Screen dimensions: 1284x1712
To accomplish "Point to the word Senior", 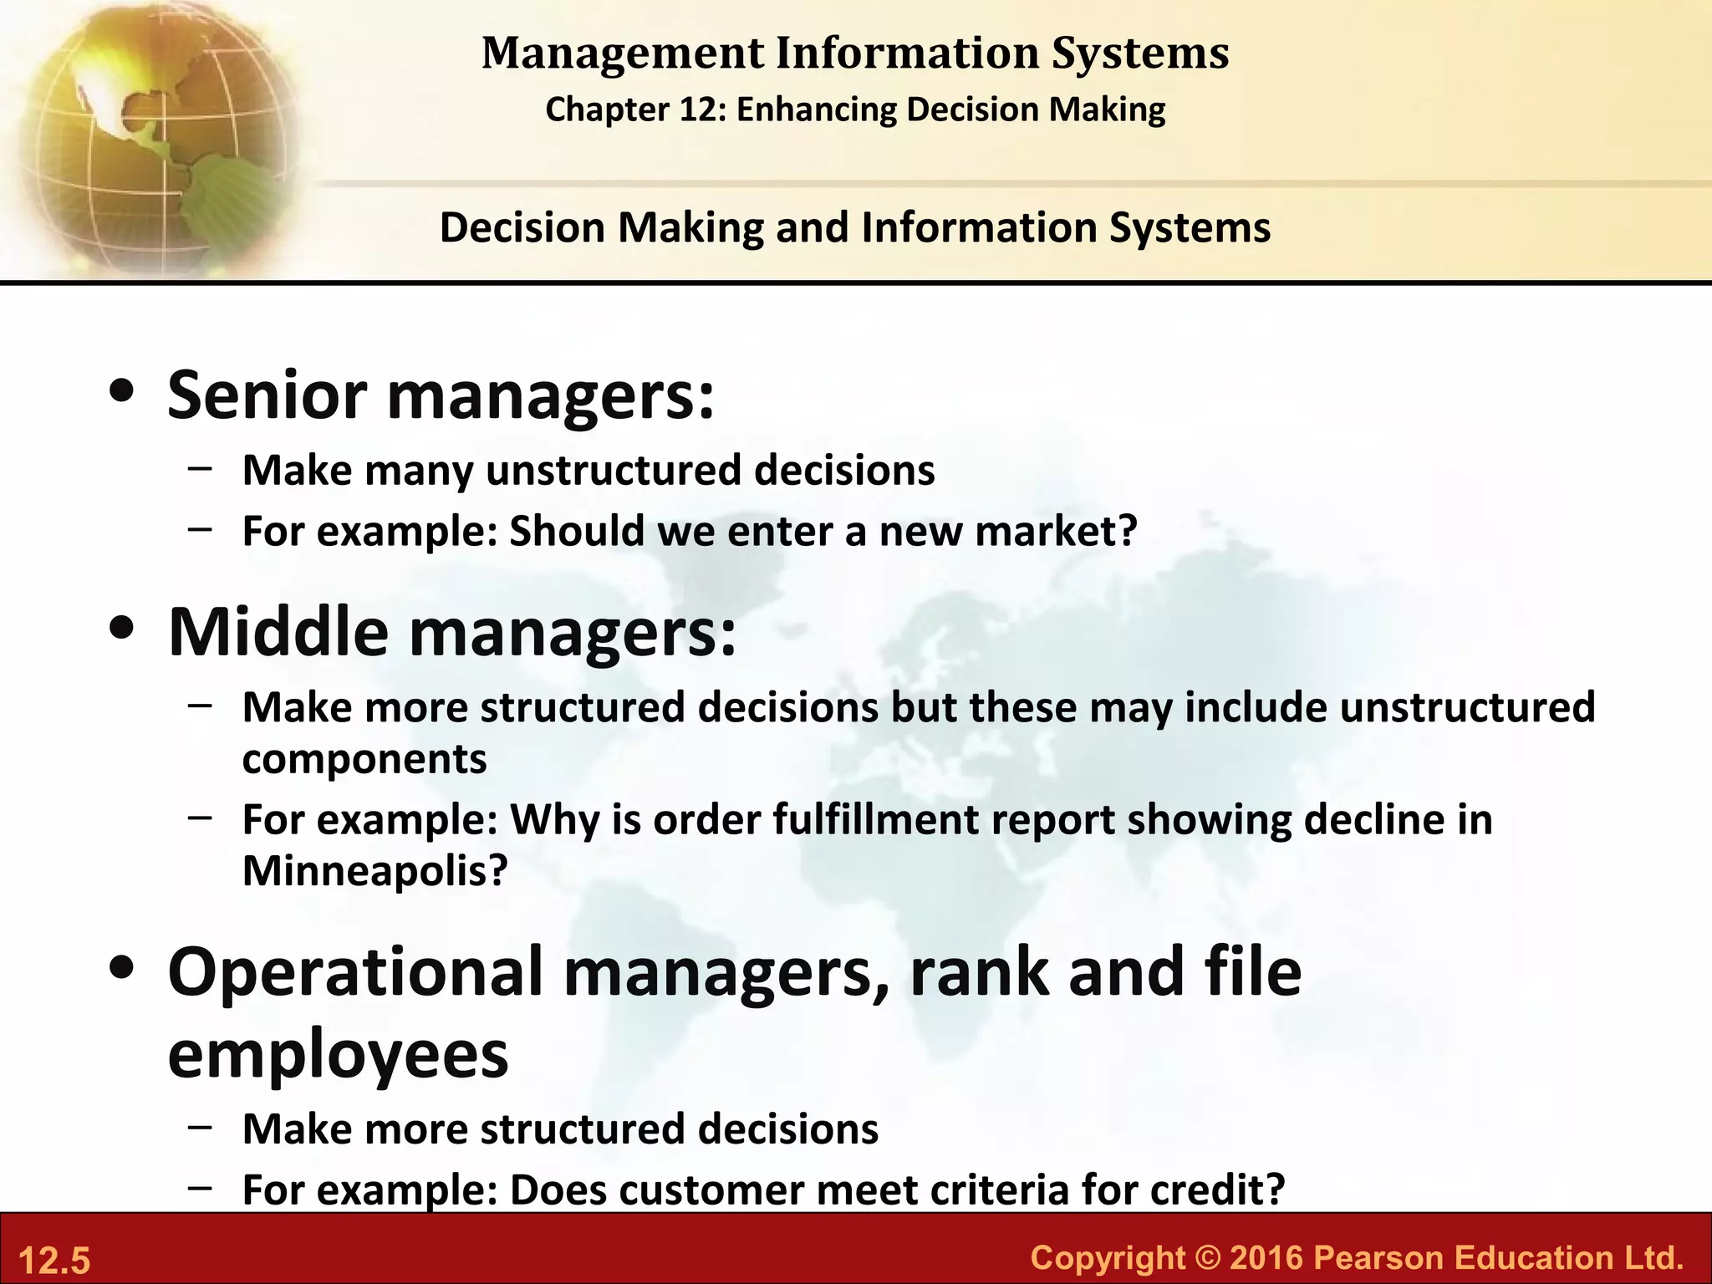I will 267,395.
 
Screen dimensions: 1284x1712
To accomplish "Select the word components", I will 364,759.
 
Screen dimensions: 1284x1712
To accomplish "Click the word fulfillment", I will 875,819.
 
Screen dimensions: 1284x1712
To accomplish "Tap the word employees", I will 338,1055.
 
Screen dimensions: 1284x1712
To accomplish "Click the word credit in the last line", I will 1216,1190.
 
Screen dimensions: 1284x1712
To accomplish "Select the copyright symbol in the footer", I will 1207,1257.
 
